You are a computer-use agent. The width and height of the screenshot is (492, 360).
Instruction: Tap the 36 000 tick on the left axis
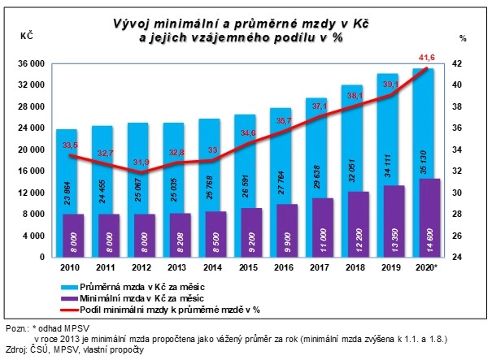click(30, 63)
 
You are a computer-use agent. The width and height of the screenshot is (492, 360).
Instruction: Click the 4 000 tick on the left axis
click(33, 236)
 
